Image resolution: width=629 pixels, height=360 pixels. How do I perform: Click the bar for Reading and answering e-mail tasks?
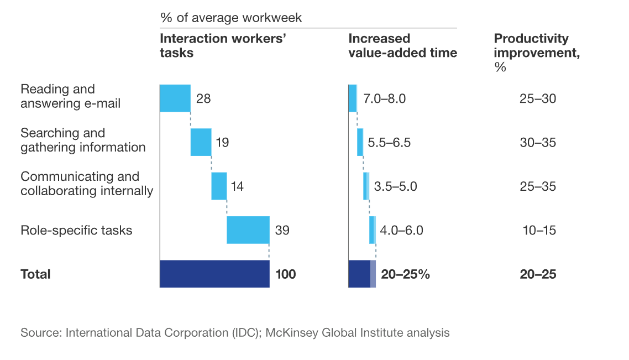pos(175,98)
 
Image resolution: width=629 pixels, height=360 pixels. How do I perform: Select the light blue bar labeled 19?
pos(201,142)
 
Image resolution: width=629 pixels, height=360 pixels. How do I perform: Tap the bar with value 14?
pos(219,186)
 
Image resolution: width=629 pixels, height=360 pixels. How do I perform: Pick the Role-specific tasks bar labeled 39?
pos(248,229)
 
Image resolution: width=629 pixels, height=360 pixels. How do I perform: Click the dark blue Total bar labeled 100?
pos(214,274)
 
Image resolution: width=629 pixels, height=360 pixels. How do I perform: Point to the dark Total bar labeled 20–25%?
pos(359,274)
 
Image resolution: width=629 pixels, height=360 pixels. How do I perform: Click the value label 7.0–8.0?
pos(385,99)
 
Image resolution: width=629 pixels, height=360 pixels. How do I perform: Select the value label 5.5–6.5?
pos(390,143)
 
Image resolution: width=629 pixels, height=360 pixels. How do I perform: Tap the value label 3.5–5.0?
pos(395,186)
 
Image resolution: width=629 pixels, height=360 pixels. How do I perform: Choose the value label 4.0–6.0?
pos(401,230)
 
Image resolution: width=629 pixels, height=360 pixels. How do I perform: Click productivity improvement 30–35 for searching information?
pos(538,143)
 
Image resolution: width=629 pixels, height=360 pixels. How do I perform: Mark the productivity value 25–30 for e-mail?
pos(538,99)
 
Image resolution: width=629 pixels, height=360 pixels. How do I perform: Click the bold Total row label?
pos(35,274)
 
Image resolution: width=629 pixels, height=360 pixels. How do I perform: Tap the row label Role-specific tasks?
pos(76,230)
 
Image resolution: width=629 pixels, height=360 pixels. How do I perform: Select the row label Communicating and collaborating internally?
pos(87,184)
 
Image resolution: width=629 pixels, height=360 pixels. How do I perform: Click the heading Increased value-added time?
pos(402,46)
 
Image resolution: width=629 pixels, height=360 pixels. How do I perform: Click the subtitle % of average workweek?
pos(231,18)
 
